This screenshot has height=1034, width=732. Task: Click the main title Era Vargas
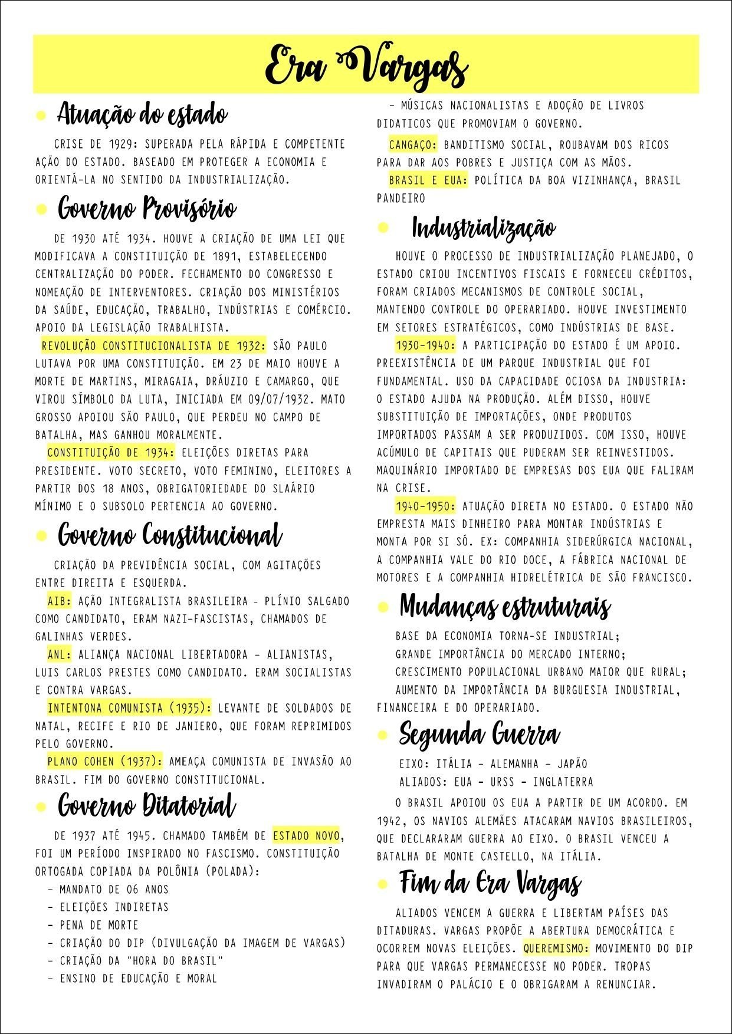[366, 66]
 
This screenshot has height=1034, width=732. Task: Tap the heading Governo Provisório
[147, 208]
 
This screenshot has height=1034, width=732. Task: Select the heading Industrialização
[483, 228]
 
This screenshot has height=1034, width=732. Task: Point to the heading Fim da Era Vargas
[490, 883]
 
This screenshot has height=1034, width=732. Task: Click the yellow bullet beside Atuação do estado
[41, 116]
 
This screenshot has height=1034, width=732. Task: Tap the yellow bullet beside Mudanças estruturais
[383, 607]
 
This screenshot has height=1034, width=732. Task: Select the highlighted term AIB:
[60, 601]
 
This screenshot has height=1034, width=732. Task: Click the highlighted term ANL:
[60, 655]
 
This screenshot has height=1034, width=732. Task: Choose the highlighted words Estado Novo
[306, 836]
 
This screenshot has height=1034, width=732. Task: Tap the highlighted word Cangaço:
[413, 145]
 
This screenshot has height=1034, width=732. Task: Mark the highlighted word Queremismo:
[556, 949]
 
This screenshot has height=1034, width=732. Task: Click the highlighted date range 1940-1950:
[425, 506]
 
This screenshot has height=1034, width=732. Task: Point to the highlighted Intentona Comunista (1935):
[129, 708]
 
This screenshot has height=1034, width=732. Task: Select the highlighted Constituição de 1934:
[111, 453]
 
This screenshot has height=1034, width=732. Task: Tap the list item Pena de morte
[99, 925]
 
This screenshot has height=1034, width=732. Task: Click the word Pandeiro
[401, 199]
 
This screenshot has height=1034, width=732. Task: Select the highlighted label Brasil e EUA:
[428, 180]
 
